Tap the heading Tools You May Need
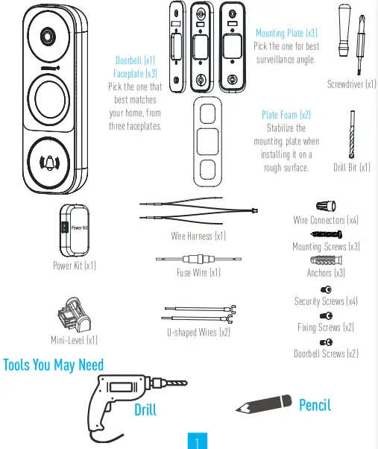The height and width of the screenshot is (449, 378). click(54, 365)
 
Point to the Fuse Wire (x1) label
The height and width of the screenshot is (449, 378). click(198, 273)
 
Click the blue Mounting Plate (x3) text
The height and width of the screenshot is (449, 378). click(286, 34)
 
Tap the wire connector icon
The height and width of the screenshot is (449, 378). click(325, 204)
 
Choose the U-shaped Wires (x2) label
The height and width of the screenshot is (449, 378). click(198, 332)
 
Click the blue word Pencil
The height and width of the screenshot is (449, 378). click(315, 405)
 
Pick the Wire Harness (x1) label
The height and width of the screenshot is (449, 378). click(198, 236)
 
